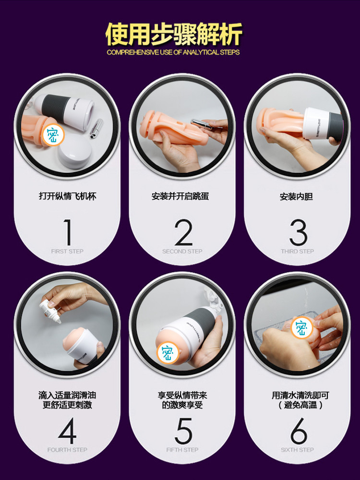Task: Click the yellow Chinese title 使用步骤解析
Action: tap(174, 34)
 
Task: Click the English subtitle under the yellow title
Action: tap(173, 52)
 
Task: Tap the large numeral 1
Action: tap(68, 232)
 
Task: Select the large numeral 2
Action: tap(183, 232)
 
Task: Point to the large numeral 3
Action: tap(298, 232)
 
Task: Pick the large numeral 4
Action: tap(67, 431)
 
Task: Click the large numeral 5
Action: tap(183, 431)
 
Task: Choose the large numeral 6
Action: tap(299, 431)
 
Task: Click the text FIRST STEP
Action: tap(67, 252)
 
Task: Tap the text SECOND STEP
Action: tap(182, 252)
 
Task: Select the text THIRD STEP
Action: tap(298, 252)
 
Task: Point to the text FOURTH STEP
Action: tap(67, 450)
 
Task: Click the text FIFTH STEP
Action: tap(182, 450)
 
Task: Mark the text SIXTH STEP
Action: tap(298, 450)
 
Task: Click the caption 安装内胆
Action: tap(296, 196)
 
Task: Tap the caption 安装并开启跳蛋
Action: tap(180, 196)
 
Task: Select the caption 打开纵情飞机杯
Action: tap(67, 196)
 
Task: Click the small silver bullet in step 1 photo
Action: tap(97, 128)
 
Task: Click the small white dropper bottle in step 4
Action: tap(50, 310)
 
